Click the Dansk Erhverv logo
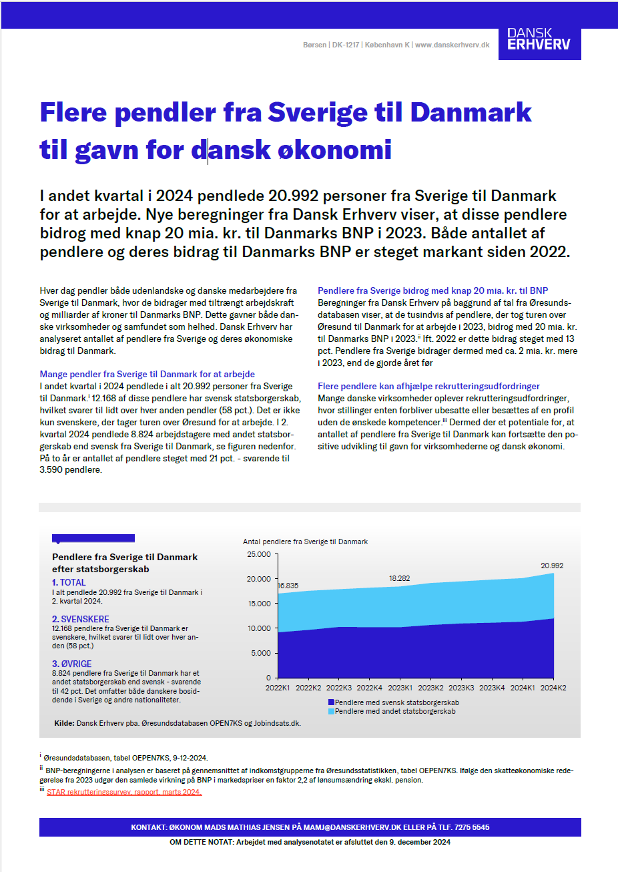tap(539, 39)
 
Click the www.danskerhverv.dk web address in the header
tap(452, 45)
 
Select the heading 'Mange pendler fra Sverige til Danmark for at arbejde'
tap(147, 374)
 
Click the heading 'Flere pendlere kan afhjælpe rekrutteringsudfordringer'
tap(428, 386)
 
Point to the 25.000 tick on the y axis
tap(258, 554)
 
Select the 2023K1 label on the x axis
tap(400, 687)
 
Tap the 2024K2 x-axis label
tap(553, 687)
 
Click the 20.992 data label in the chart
tap(552, 566)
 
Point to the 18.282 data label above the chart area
tap(400, 578)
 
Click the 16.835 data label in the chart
tap(288, 586)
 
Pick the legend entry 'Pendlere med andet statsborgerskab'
tap(395, 712)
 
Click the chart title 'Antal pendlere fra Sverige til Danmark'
tap(305, 541)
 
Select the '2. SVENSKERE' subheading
tap(81, 619)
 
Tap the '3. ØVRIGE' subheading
tap(72, 664)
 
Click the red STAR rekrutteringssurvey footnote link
tap(124, 792)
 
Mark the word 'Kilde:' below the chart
tap(64, 723)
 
